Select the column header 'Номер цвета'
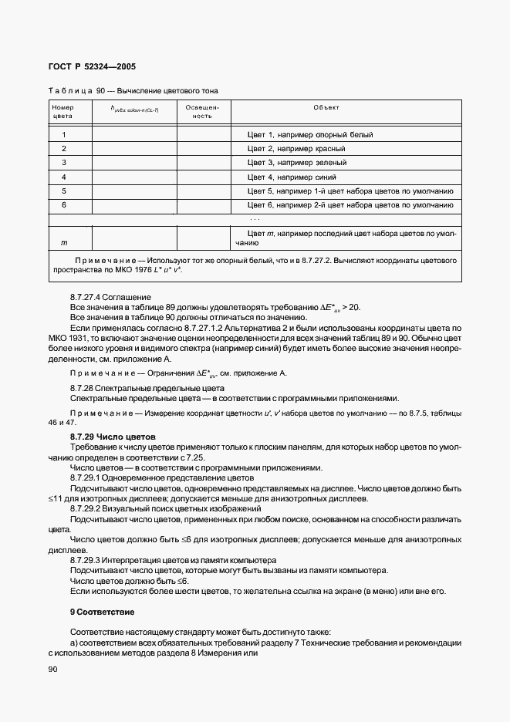[62, 112]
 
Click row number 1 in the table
[63, 135]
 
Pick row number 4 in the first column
[63, 177]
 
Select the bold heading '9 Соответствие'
[102, 612]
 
